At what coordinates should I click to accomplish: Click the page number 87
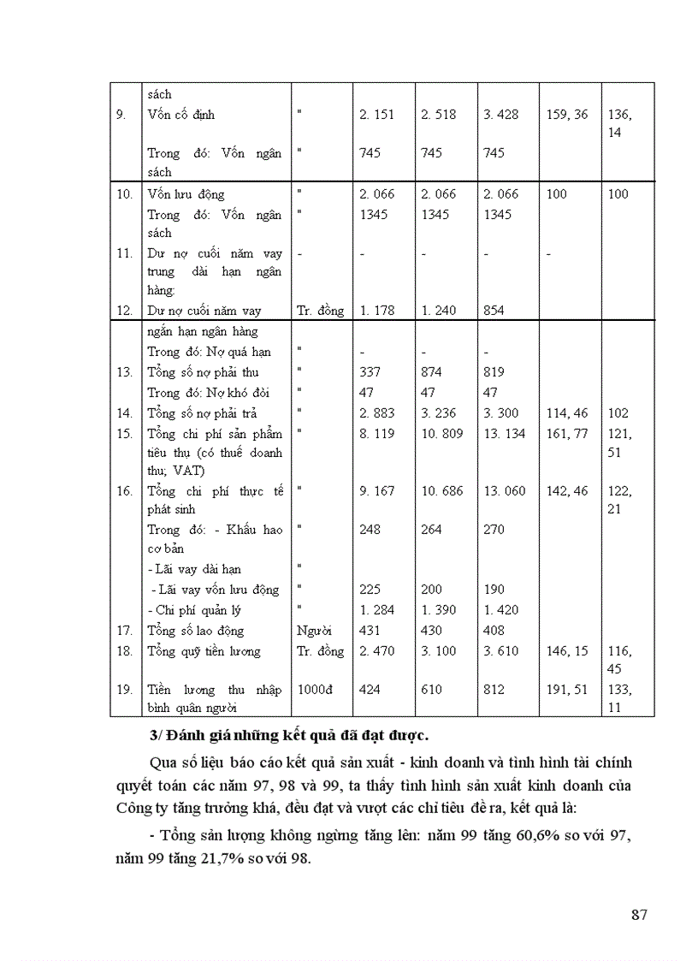pos(639,915)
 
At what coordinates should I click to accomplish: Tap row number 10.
pos(125,194)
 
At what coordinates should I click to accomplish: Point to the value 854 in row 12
pos(494,311)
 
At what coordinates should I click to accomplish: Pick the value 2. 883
pos(376,413)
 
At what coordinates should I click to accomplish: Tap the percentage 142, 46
pos(567,491)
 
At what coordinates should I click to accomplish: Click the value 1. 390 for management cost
pos(439,610)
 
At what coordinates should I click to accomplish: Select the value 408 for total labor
pos(494,631)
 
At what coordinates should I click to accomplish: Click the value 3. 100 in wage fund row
pos(439,651)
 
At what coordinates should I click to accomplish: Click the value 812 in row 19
pos(494,690)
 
